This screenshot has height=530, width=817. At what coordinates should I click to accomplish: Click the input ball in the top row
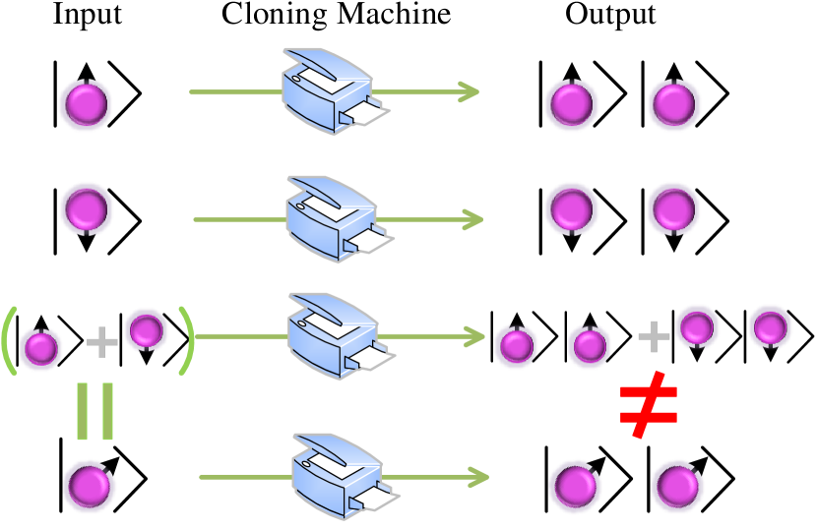pos(86,104)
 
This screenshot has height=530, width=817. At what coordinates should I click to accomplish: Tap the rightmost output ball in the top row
pos(674,104)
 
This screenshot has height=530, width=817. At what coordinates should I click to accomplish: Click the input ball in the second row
pos(87,208)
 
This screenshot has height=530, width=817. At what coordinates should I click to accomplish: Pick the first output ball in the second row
pos(571,208)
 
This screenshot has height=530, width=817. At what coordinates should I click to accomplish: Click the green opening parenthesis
pos(10,341)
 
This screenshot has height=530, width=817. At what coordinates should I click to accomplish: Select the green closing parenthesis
pos(185,341)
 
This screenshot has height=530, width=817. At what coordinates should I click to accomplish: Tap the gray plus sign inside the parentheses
pos(101,342)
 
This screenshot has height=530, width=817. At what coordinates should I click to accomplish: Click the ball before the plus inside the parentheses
pos(41,348)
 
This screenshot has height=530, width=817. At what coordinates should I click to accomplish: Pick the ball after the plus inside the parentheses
pos(147,330)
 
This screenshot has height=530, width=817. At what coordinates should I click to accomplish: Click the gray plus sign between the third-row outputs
pos(654,336)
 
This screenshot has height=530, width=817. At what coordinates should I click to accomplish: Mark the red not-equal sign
pos(649,404)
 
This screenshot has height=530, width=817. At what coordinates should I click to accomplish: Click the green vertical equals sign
pos(94,411)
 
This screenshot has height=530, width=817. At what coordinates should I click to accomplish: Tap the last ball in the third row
pos(770,327)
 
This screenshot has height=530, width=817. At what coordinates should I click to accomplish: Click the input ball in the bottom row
pos(90,486)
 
